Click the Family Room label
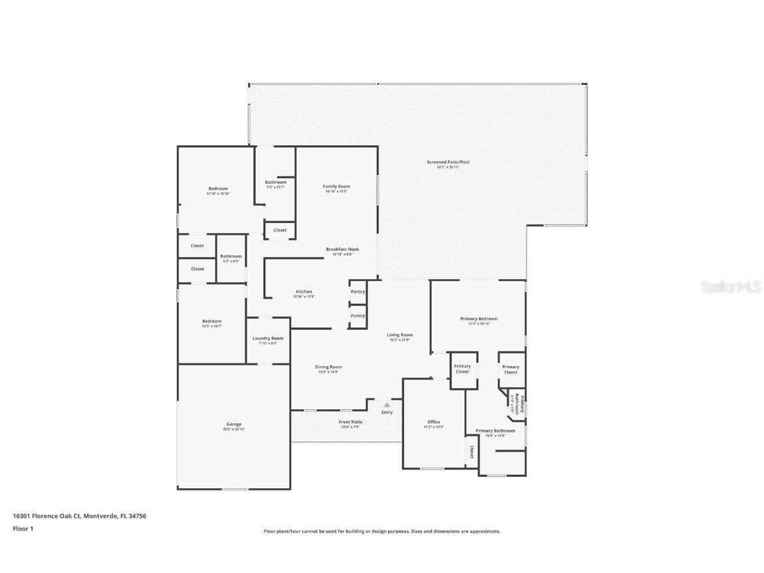(x=336, y=186)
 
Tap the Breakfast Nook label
(x=342, y=249)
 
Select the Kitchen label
(x=304, y=292)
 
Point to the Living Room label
(x=400, y=335)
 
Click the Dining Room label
(x=328, y=367)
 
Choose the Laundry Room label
(x=268, y=338)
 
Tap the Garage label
(x=234, y=424)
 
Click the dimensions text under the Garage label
(x=234, y=430)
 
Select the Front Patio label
(x=351, y=422)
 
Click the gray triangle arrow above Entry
(x=387, y=404)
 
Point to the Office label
(x=434, y=422)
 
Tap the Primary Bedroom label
(x=479, y=318)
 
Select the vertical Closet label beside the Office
(x=472, y=452)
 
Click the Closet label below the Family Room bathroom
(x=280, y=230)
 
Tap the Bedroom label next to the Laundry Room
(x=212, y=321)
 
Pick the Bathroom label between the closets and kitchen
(x=231, y=256)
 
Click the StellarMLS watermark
(x=732, y=286)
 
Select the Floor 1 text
(x=23, y=529)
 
